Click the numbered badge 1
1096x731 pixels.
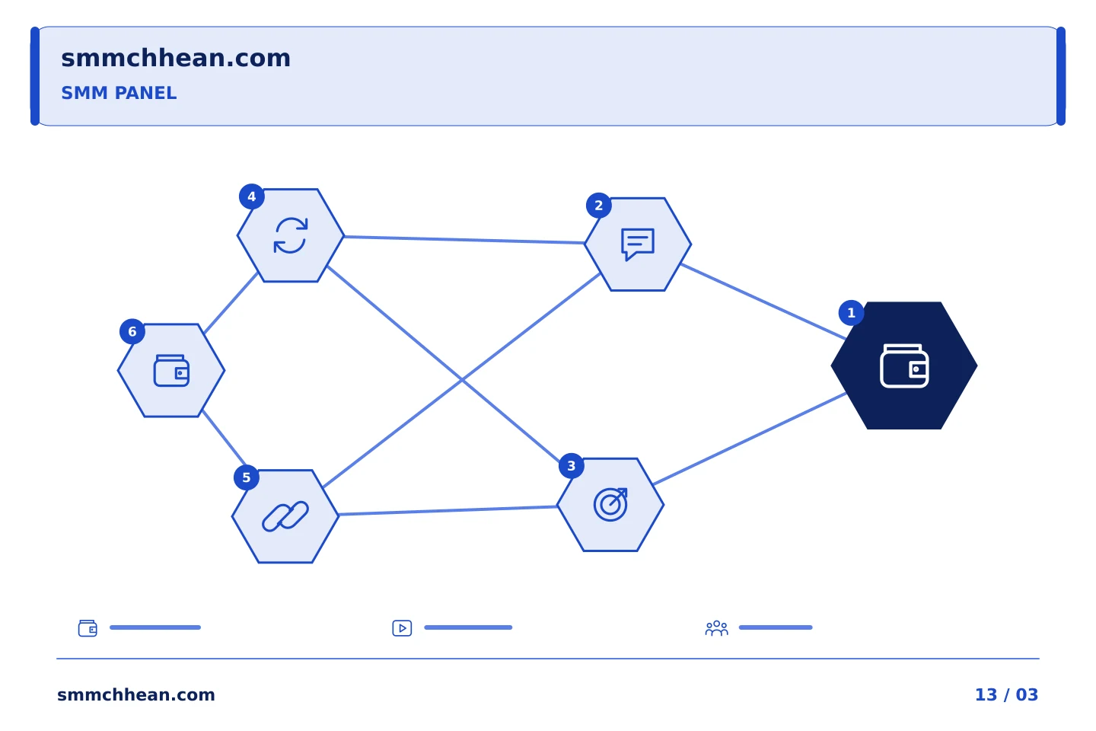click(851, 313)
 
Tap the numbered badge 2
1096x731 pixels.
click(598, 206)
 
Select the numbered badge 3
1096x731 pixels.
click(571, 466)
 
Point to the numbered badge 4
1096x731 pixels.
click(251, 196)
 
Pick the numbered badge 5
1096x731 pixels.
click(246, 478)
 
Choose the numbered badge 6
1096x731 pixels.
click(132, 332)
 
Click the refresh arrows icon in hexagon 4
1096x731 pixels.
click(291, 235)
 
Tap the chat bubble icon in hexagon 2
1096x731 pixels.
click(638, 244)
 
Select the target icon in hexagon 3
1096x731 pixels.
click(610, 505)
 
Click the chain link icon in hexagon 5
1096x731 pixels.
click(285, 516)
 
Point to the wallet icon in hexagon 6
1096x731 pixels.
click(171, 371)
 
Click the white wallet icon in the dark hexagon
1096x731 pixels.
click(904, 365)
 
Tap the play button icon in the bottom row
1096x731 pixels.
click(402, 628)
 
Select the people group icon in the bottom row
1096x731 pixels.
click(716, 628)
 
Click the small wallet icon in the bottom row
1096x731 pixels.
click(88, 628)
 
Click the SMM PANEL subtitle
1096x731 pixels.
click(119, 93)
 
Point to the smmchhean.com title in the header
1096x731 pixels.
click(176, 58)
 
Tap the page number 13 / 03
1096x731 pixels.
click(1006, 694)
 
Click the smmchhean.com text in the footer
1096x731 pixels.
click(136, 694)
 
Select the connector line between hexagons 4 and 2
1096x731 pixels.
click(464, 239)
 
